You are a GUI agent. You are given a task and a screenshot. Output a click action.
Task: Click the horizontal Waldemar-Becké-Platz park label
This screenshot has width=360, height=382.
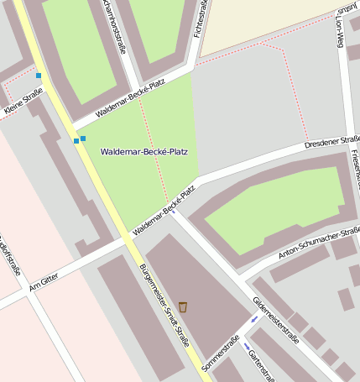tap(143, 152)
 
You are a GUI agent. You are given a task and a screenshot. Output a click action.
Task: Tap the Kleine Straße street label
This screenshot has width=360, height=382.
tap(23, 107)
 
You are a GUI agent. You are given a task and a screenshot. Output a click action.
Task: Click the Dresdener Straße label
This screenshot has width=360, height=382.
tap(332, 142)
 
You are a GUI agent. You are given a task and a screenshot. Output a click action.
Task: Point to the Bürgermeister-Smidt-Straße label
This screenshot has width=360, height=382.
tap(164, 306)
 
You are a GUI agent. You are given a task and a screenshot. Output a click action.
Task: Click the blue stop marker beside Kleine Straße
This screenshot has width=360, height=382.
tap(39, 76)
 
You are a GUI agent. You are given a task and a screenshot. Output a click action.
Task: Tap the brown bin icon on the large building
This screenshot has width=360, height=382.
tap(183, 306)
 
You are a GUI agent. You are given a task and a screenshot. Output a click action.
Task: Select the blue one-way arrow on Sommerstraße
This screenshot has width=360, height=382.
tap(254, 321)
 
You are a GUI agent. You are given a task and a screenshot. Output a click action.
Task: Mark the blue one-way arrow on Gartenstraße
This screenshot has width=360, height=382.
tap(247, 345)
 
